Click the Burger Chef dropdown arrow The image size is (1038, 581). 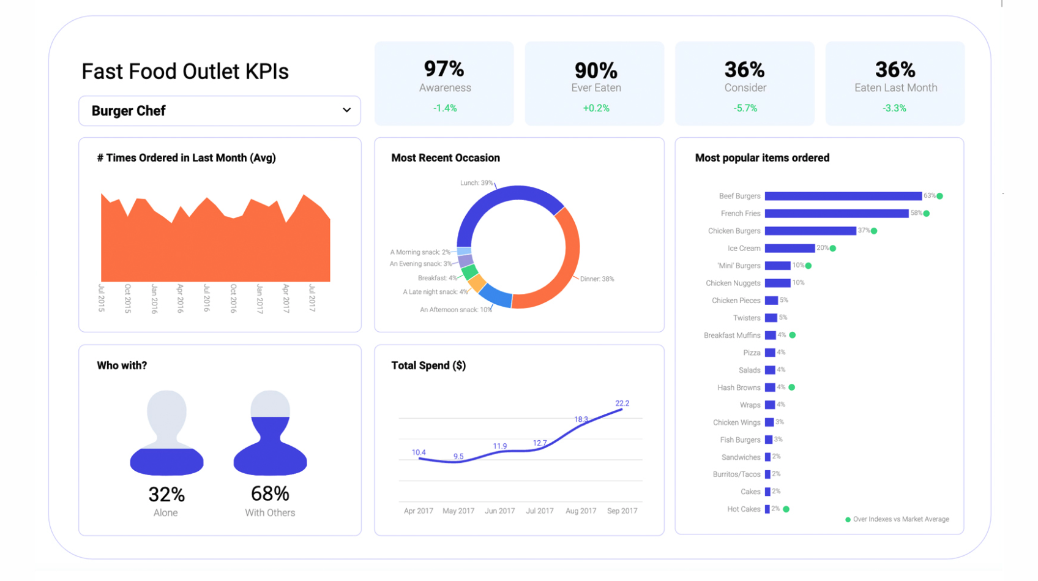pyautogui.click(x=346, y=110)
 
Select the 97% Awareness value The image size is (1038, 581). pyautogui.click(x=444, y=69)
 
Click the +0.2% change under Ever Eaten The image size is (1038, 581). pyautogui.click(x=596, y=108)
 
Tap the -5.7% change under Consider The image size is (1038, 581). pyautogui.click(x=745, y=108)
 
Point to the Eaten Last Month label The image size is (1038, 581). pyautogui.click(x=895, y=88)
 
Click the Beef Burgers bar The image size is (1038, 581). pyautogui.click(x=843, y=196)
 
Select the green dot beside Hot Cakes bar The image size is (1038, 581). pyautogui.click(x=786, y=509)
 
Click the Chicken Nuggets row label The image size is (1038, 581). pyautogui.click(x=733, y=283)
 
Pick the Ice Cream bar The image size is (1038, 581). pyautogui.click(x=789, y=248)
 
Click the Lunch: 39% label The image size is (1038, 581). pyautogui.click(x=476, y=183)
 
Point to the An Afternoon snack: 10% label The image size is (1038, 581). pyautogui.click(x=455, y=310)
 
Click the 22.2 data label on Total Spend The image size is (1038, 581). pyautogui.click(x=622, y=403)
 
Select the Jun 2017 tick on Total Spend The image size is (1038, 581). pyautogui.click(x=499, y=511)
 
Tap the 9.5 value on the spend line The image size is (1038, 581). pyautogui.click(x=458, y=457)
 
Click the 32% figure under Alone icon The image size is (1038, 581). pyautogui.click(x=166, y=494)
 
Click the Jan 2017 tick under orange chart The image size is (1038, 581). pyautogui.click(x=259, y=298)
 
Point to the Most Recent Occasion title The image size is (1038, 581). pyautogui.click(x=445, y=158)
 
